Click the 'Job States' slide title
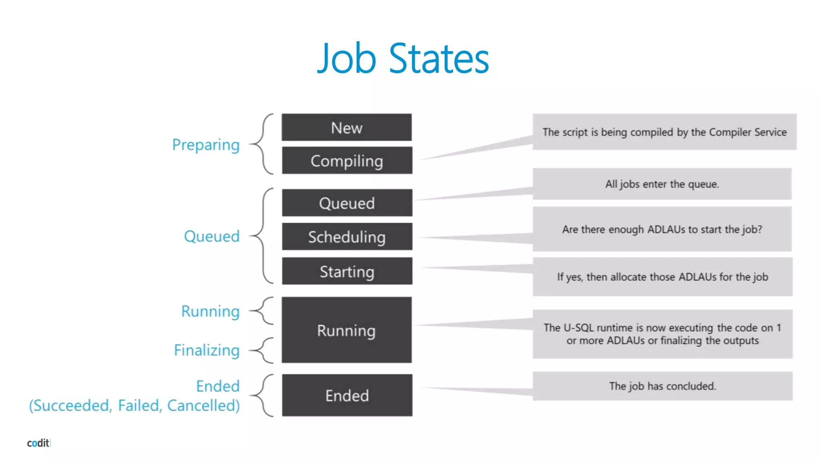click(x=403, y=58)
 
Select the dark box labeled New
click(x=346, y=128)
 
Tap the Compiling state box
click(x=347, y=160)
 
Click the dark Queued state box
click(x=347, y=203)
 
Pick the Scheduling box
click(x=347, y=237)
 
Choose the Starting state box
click(x=347, y=271)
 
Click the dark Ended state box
click(x=347, y=395)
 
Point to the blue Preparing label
click(x=206, y=145)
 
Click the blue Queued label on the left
click(x=211, y=236)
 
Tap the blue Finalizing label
click(x=207, y=350)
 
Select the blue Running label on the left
click(x=210, y=311)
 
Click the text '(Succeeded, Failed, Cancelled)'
click(x=135, y=405)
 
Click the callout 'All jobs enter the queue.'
click(x=662, y=184)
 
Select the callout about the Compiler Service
click(x=664, y=132)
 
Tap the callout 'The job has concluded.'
click(x=662, y=386)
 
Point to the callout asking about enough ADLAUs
click(x=662, y=229)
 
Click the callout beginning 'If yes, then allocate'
click(x=662, y=277)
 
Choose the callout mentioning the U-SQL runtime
click(x=662, y=334)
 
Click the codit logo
click(x=38, y=443)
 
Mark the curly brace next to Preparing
click(x=262, y=144)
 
